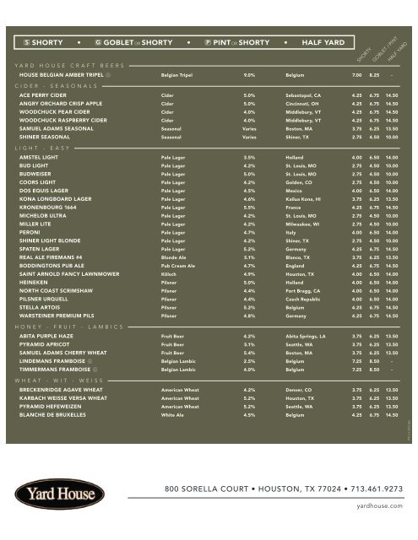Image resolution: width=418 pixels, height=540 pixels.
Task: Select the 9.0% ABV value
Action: pos(249,75)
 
